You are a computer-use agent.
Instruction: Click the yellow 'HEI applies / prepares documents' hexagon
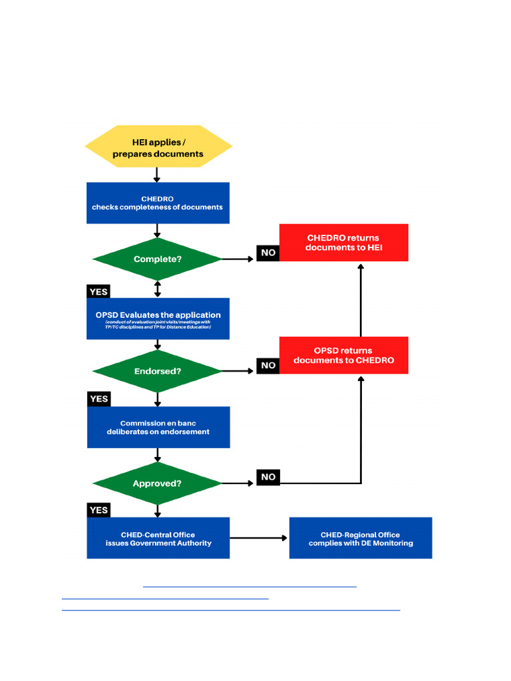click(158, 146)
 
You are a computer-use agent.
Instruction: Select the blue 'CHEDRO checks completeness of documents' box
click(158, 203)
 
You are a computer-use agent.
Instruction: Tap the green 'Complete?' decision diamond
click(158, 259)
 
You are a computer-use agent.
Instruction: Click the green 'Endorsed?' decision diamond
click(158, 371)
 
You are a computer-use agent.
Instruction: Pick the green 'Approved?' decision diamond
click(158, 483)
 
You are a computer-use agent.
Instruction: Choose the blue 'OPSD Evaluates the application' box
click(158, 319)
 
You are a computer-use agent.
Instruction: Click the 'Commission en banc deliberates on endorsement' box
click(158, 427)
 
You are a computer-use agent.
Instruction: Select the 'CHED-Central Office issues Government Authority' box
click(158, 538)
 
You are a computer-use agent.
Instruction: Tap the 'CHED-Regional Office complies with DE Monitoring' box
click(361, 538)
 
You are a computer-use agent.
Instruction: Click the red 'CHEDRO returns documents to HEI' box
click(343, 243)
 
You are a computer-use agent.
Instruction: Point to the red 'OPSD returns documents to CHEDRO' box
click(343, 355)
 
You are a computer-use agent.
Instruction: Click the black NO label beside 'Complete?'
click(268, 253)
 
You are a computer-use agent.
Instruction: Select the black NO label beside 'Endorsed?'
click(268, 365)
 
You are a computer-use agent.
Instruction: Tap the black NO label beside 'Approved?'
click(268, 477)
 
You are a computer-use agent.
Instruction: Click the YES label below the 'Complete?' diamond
click(98, 291)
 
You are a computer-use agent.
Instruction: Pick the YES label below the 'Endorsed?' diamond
click(98, 399)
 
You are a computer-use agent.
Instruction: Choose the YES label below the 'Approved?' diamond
click(98, 510)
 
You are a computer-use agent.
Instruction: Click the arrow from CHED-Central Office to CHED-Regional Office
click(259, 538)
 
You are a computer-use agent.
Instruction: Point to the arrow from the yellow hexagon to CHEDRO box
click(158, 175)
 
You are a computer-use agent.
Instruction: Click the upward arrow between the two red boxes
click(361, 299)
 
